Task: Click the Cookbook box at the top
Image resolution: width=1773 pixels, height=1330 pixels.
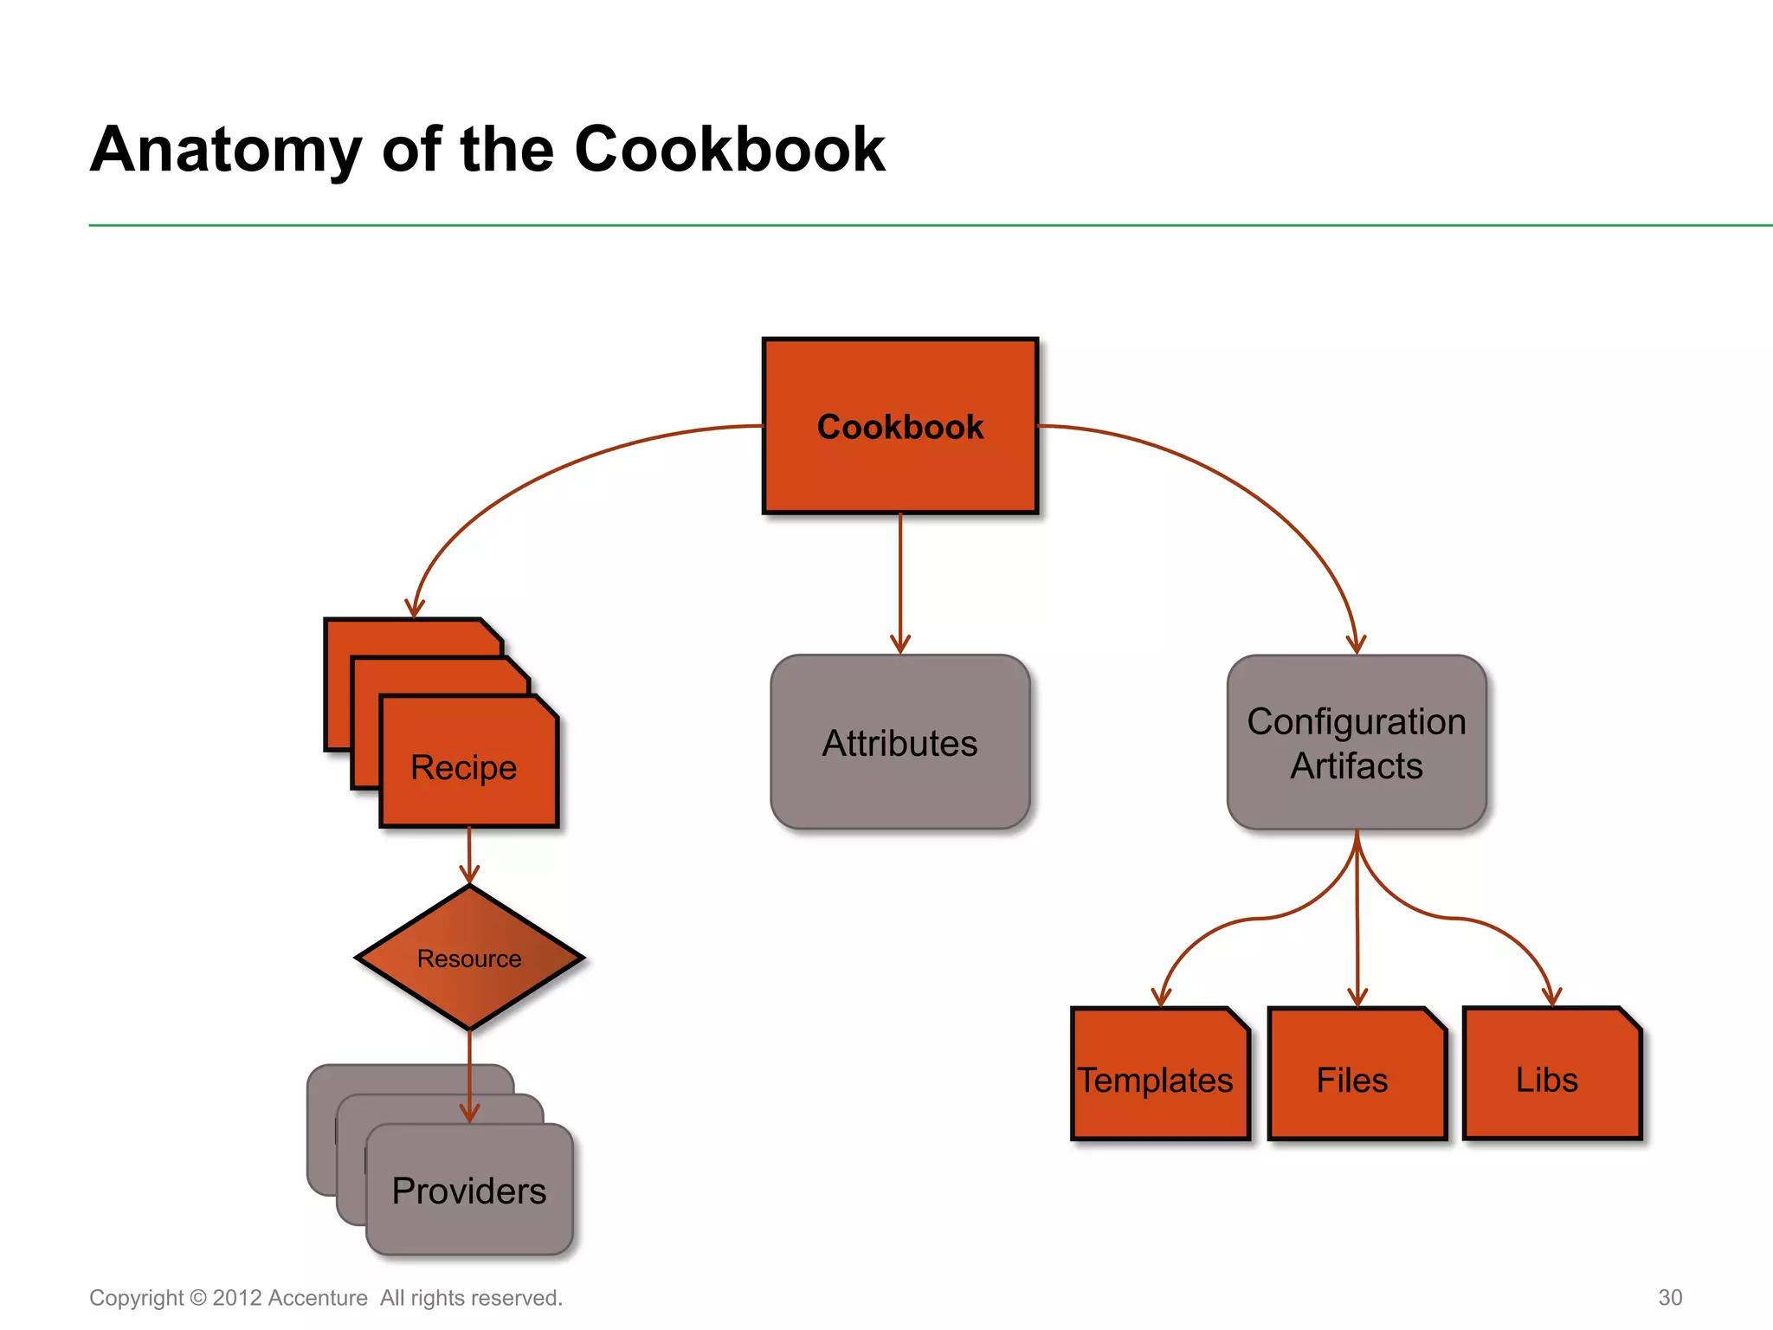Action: click(899, 426)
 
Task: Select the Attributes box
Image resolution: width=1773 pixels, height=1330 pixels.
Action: click(899, 742)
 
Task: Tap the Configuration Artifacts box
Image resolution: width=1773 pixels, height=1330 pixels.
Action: click(1356, 742)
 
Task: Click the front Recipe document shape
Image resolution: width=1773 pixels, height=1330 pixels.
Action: click(468, 766)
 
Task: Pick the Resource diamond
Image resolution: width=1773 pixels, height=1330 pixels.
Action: click(468, 958)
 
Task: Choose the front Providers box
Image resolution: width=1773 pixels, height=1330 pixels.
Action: click(468, 1191)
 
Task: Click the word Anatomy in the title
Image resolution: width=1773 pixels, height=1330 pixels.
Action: click(225, 150)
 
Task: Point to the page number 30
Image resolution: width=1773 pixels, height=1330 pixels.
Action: click(1669, 1297)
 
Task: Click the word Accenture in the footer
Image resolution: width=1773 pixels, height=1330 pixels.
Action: click(318, 1298)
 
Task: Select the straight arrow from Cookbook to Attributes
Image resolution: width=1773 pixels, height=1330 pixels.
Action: click(899, 580)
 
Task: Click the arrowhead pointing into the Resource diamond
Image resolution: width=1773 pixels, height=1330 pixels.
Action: click(469, 875)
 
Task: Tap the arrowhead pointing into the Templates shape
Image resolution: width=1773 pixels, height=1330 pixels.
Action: click(1161, 997)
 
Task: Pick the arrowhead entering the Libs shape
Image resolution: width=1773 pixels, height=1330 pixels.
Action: click(1551, 997)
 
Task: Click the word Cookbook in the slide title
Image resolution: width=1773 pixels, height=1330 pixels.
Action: click(729, 150)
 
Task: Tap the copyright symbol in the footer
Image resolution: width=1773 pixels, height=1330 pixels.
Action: click(197, 1298)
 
